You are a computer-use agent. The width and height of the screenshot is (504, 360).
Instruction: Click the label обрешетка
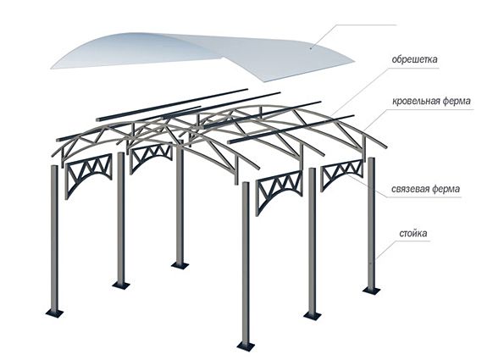(415, 59)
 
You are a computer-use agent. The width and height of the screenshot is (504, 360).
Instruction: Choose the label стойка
(413, 233)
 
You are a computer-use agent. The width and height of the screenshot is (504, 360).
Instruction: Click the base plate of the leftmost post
(54, 313)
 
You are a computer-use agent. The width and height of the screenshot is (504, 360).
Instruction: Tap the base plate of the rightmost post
(372, 290)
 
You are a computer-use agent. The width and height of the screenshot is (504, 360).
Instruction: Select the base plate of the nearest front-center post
(246, 346)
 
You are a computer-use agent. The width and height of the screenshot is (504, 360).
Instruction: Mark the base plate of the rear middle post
(180, 265)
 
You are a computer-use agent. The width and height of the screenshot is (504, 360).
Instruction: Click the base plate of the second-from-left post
(121, 285)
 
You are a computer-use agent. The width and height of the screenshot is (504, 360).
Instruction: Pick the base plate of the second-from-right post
(312, 316)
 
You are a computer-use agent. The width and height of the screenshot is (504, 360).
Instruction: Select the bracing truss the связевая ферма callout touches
(342, 173)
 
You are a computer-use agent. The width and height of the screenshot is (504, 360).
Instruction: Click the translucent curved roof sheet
(202, 55)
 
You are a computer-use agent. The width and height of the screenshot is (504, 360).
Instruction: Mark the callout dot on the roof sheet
(311, 48)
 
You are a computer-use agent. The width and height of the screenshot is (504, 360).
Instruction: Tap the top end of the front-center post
(246, 183)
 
